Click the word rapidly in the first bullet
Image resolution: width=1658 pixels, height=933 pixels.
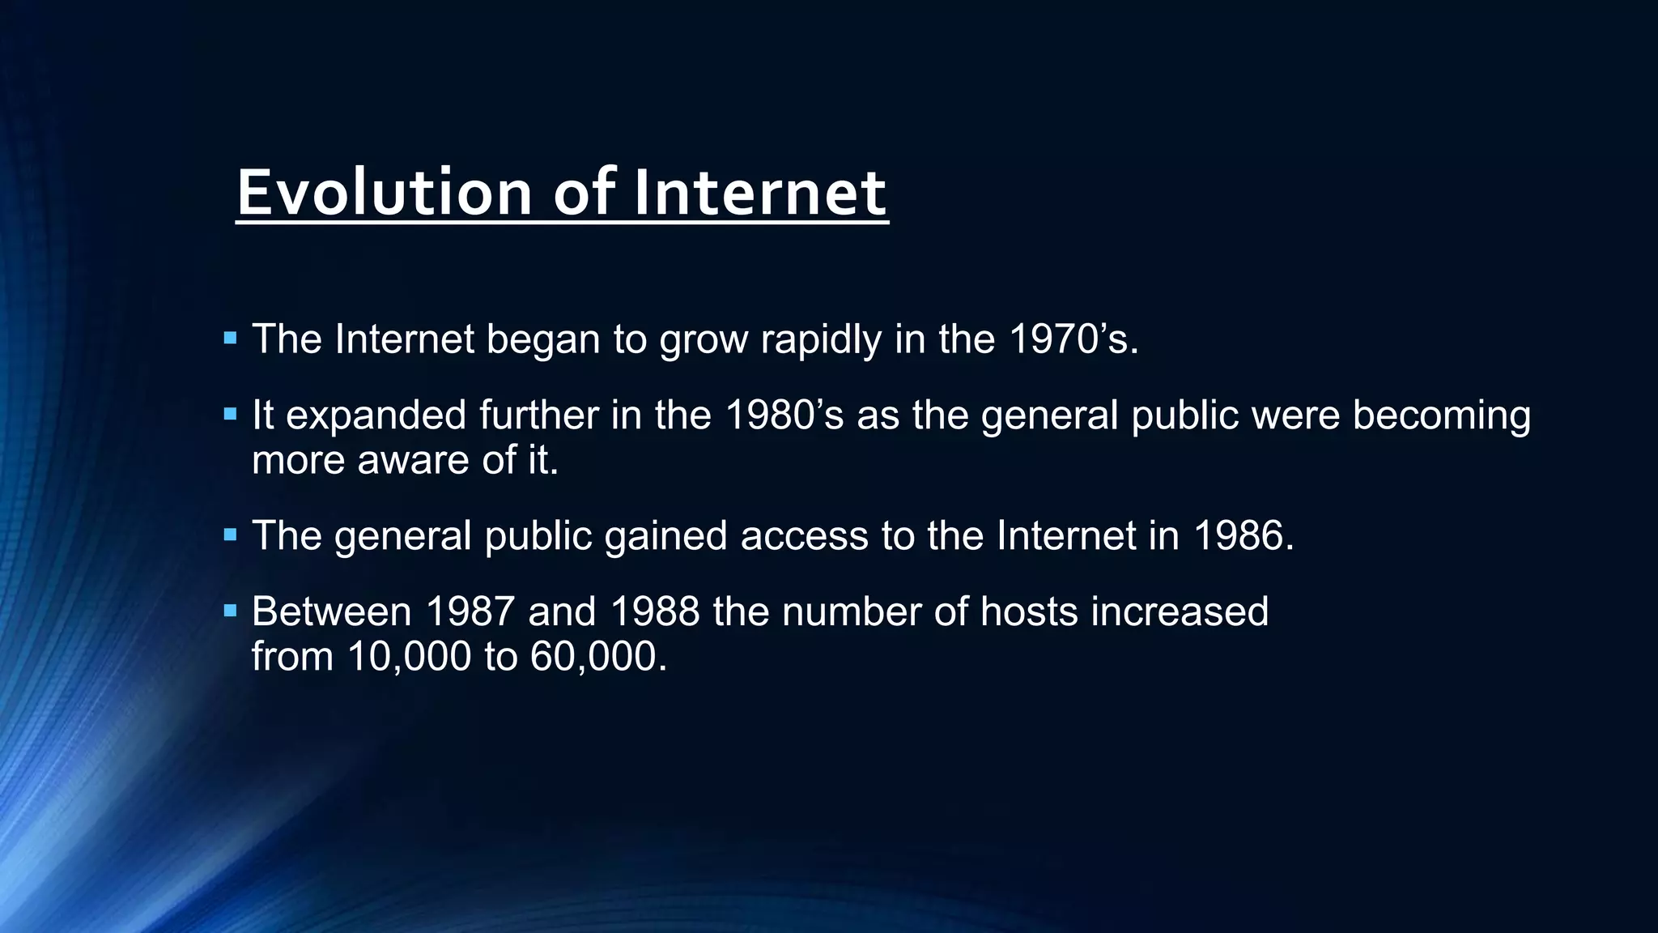pyautogui.click(x=820, y=339)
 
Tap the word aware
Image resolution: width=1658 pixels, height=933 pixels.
pyautogui.click(x=414, y=460)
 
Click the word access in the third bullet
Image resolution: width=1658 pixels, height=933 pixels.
pyautogui.click(x=804, y=535)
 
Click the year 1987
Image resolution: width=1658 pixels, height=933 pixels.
pyautogui.click(x=470, y=611)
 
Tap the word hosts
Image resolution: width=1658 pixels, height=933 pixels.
pyautogui.click(x=1029, y=611)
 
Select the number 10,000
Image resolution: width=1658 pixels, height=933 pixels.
pyautogui.click(x=409, y=656)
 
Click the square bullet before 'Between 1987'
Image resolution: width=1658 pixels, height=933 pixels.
pyautogui.click(x=231, y=610)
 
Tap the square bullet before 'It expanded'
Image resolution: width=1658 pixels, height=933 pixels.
pyautogui.click(x=231, y=414)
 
